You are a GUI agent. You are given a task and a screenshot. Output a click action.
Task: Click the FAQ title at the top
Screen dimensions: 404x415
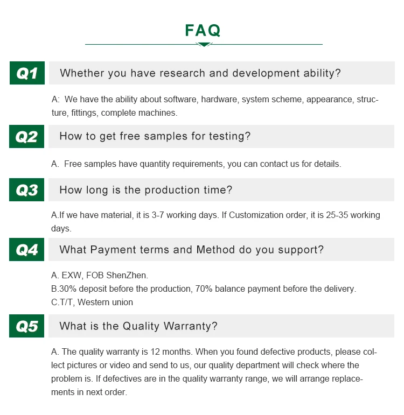pos(203,30)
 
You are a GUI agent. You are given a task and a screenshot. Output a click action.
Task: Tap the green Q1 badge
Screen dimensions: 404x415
pos(27,73)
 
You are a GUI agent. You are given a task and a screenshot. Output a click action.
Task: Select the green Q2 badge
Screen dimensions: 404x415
pos(26,136)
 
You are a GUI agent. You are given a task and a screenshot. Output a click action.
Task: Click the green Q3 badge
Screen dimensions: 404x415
pos(26,190)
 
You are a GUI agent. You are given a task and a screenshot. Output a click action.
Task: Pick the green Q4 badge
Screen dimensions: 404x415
pos(26,249)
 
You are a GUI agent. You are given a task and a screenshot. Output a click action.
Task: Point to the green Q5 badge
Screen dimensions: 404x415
pos(26,326)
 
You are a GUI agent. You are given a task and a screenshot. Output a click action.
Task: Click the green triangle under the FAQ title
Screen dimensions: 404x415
pos(204,45)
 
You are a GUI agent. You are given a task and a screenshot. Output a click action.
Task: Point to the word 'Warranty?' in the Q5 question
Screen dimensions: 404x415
pos(190,326)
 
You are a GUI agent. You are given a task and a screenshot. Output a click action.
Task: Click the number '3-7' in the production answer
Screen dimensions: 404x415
pos(158,215)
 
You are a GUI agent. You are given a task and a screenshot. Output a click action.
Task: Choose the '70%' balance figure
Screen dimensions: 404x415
pos(204,289)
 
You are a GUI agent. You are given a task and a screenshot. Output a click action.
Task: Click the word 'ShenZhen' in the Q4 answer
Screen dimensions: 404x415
pos(127,275)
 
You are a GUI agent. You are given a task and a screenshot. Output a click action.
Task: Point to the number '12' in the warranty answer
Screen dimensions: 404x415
pos(155,351)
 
